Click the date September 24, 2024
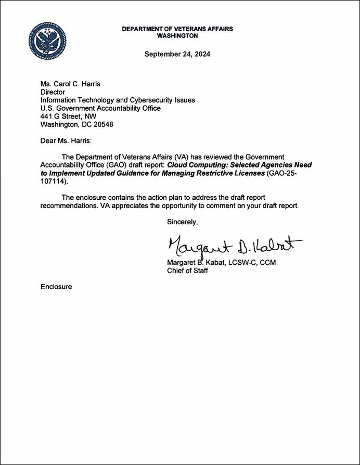(x=177, y=54)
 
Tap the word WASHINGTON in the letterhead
(x=177, y=36)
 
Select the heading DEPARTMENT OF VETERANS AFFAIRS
(x=177, y=29)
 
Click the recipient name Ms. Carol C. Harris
(x=71, y=84)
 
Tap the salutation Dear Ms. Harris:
(x=66, y=141)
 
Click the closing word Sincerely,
(x=183, y=222)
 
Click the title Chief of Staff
(x=188, y=271)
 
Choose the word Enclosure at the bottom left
(x=56, y=287)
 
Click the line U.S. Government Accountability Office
(x=100, y=108)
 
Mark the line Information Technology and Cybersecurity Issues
(x=118, y=100)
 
